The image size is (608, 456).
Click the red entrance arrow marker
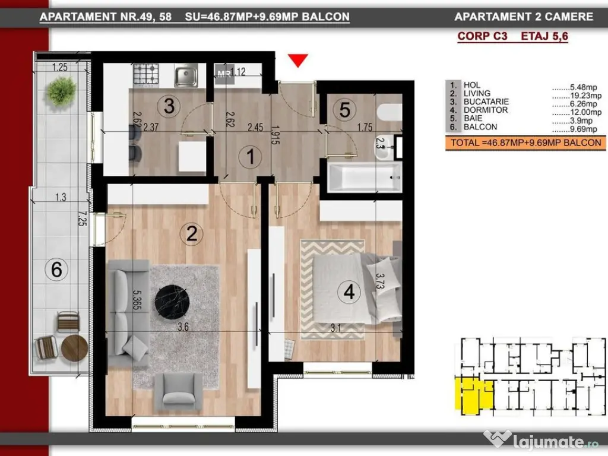click(x=298, y=60)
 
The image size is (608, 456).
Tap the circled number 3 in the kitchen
click(x=169, y=106)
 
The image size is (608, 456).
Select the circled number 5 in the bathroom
click(x=345, y=109)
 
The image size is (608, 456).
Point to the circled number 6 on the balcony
click(x=56, y=270)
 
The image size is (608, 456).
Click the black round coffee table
click(x=172, y=302)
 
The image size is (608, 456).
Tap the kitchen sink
click(x=186, y=75)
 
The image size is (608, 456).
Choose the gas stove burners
click(x=146, y=74)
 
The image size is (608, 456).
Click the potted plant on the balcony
click(x=61, y=91)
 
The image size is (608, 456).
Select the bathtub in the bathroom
click(x=365, y=177)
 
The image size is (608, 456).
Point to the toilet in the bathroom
click(x=389, y=112)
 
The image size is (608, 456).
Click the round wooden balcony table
click(x=74, y=348)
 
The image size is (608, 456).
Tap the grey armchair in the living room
click(x=179, y=392)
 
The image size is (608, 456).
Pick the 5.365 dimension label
click(x=136, y=300)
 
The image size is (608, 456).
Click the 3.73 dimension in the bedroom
click(x=380, y=281)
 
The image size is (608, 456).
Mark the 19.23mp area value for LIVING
click(x=585, y=96)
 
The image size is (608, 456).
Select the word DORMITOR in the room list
click(x=486, y=110)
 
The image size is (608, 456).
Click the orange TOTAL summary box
click(x=525, y=142)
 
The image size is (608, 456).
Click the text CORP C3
click(x=482, y=36)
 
